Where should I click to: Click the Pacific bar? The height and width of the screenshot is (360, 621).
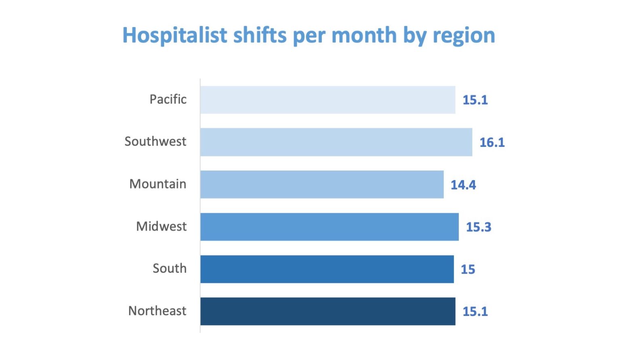tap(327, 100)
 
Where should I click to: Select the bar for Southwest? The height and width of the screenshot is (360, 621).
tap(336, 142)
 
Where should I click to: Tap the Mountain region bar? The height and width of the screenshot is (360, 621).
tap(322, 184)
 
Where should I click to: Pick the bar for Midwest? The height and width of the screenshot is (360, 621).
tap(330, 227)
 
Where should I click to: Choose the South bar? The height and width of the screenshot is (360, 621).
tap(327, 269)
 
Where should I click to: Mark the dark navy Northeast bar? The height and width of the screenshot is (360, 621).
tap(327, 311)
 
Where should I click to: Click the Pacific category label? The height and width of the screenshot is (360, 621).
tap(168, 100)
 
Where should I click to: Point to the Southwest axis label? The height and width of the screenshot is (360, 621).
tap(155, 142)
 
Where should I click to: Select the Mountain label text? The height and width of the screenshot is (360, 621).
tap(158, 184)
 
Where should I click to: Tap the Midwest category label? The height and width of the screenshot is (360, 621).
tap(161, 227)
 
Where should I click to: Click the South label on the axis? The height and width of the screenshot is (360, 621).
tap(169, 269)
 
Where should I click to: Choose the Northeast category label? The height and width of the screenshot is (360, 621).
tap(157, 311)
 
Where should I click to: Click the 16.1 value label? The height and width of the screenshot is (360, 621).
tap(492, 142)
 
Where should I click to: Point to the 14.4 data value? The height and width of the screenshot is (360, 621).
tap(463, 185)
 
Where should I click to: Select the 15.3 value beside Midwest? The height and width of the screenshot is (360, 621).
tap(479, 227)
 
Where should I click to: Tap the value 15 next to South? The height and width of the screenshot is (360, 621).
tap(468, 269)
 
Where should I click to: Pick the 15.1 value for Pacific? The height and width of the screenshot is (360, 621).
tap(475, 100)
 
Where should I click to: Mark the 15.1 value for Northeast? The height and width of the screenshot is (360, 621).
tap(475, 311)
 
